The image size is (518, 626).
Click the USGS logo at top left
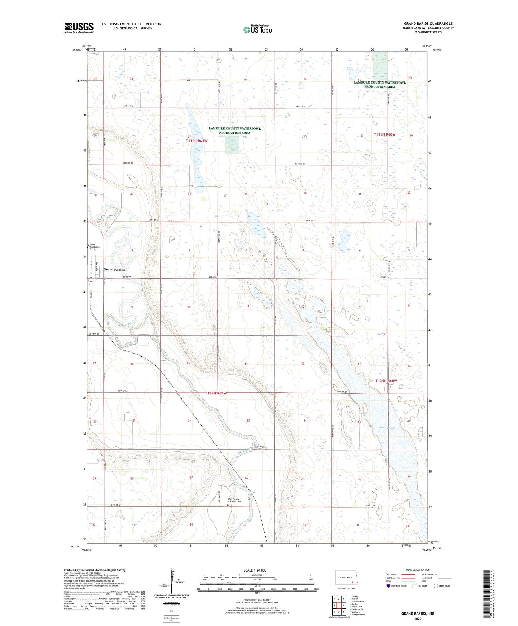pyautogui.click(x=79, y=28)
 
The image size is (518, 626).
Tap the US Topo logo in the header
pyautogui.click(x=257, y=29)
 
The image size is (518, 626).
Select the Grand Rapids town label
pyautogui.click(x=114, y=269)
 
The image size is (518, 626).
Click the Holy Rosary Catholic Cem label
pyautogui.click(x=235, y=500)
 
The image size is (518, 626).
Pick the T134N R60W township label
pyautogui.click(x=386, y=381)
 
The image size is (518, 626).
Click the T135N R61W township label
pyautogui.click(x=196, y=141)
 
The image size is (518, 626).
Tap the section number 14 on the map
pyautogui.click(x=246, y=364)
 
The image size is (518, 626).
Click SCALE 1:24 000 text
pyautogui.click(x=255, y=570)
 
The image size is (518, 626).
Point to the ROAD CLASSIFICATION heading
pyautogui.click(x=417, y=570)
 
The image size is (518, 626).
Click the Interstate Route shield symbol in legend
pyautogui.click(x=389, y=586)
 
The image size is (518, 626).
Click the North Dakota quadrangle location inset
pyautogui.click(x=346, y=579)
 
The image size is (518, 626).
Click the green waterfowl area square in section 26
pyautogui.click(x=232, y=146)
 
